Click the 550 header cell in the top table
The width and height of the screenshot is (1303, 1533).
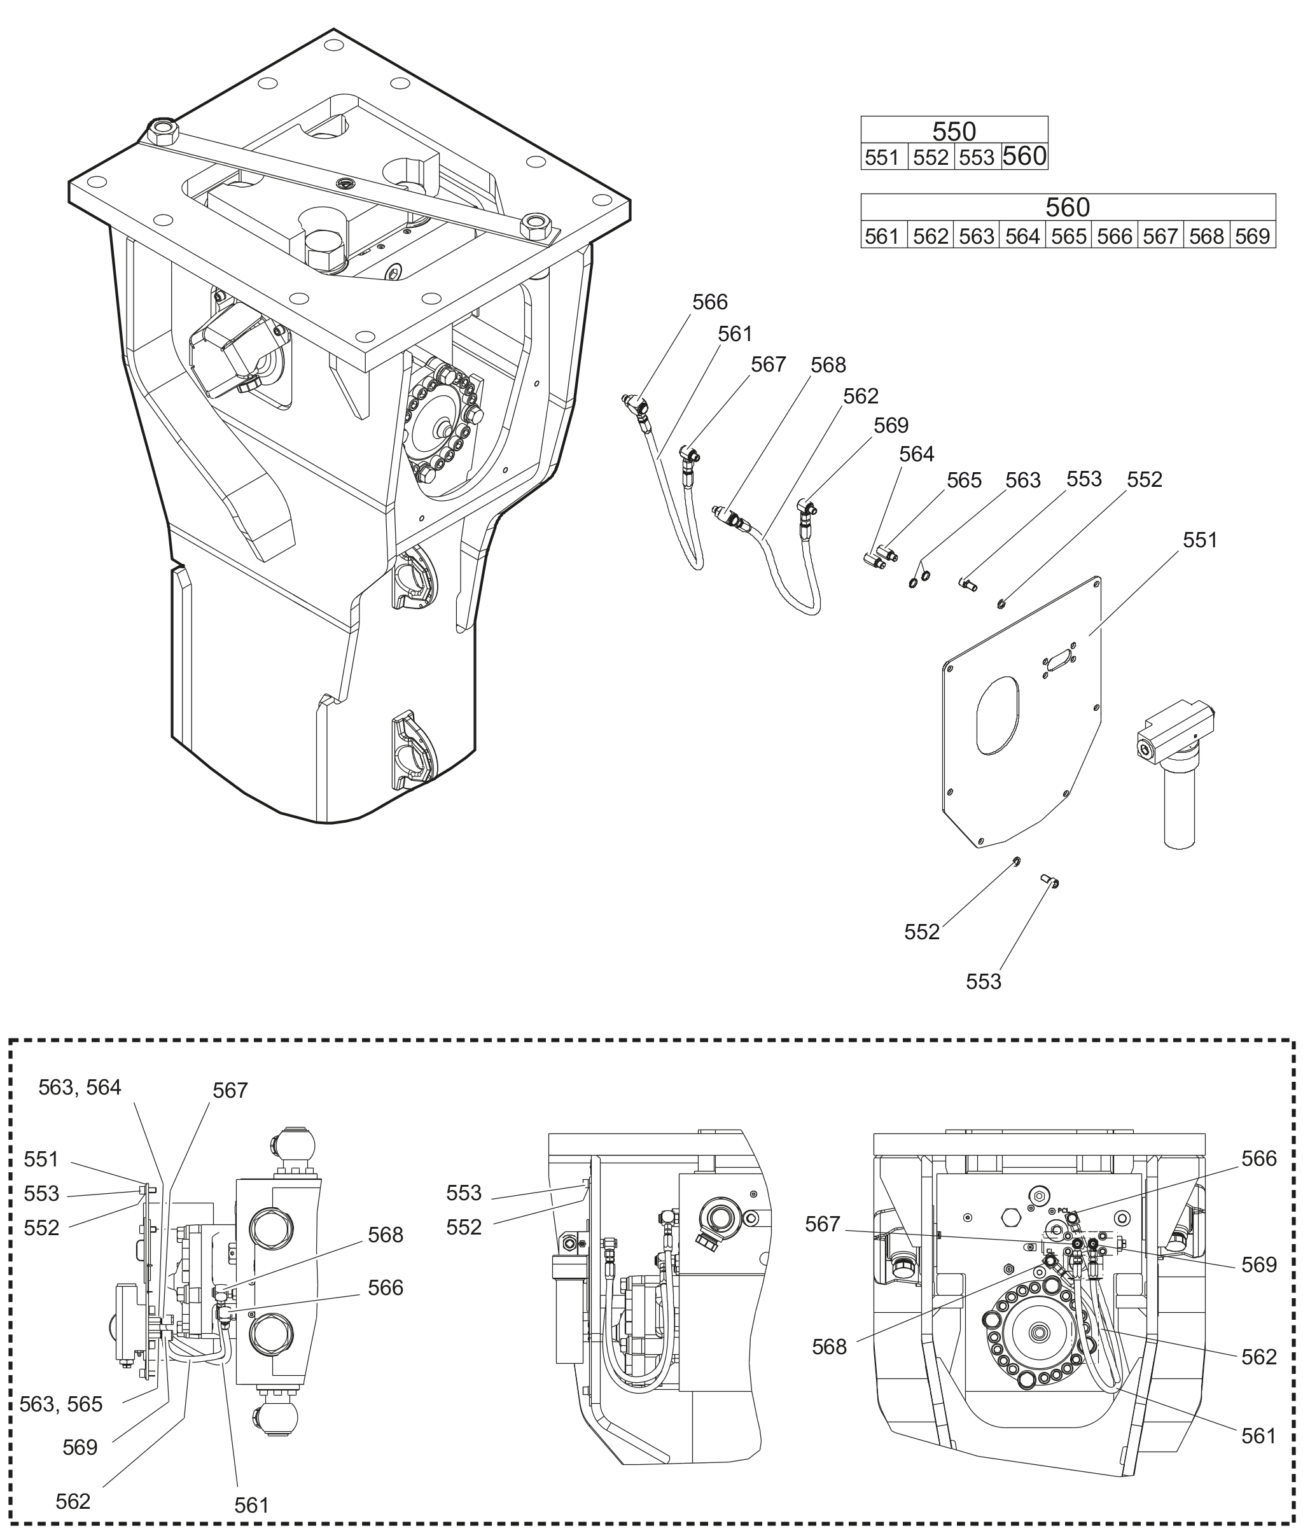(x=954, y=130)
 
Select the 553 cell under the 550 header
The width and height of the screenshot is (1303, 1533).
(x=977, y=157)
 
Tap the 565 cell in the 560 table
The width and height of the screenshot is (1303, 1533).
(x=1069, y=235)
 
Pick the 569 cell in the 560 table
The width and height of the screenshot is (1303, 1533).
(x=1253, y=235)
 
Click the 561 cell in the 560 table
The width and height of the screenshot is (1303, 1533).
(x=884, y=235)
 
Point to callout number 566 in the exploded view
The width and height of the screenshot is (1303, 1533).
(x=710, y=302)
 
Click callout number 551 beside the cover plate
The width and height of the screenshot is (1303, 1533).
(x=1201, y=540)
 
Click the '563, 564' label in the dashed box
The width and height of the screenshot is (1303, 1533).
(x=80, y=1087)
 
